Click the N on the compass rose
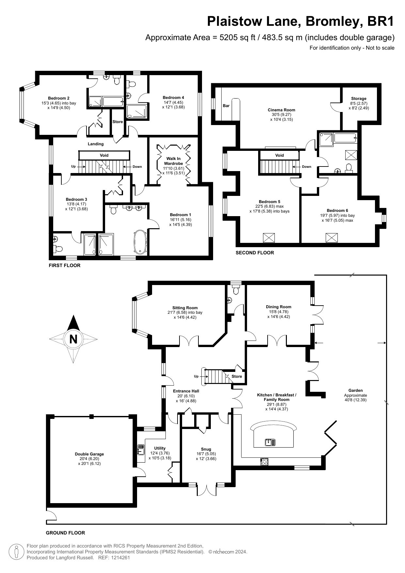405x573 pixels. [73, 339]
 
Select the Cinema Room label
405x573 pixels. [281, 110]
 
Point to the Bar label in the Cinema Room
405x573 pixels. [226, 106]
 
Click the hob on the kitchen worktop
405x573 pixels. [264, 462]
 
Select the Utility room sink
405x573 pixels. [141, 450]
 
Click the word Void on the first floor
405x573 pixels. [104, 155]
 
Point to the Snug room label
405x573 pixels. [206, 449]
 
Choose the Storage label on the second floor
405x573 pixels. [359, 99]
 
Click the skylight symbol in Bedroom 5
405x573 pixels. [269, 238]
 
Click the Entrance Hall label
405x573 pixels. [186, 391]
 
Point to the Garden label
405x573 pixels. [355, 390]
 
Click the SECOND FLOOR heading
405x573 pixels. [255, 253]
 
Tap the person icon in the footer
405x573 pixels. [16, 551]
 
